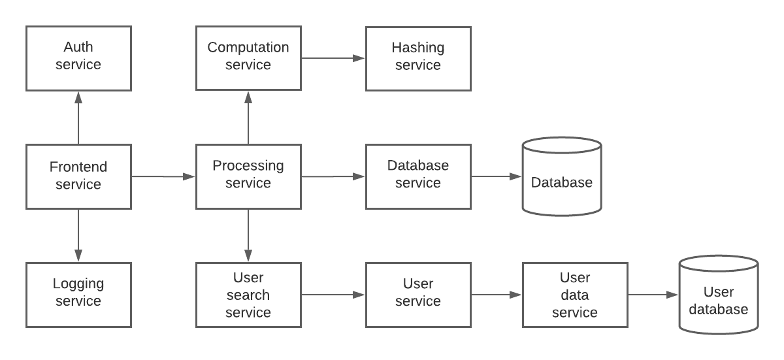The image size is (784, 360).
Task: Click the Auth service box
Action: tap(79, 58)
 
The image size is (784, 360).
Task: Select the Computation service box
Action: tap(248, 58)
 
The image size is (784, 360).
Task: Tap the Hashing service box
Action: tap(418, 58)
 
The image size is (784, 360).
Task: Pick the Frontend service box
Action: tap(79, 176)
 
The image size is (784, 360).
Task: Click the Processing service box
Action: tap(248, 176)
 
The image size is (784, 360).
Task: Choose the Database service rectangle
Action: tap(418, 176)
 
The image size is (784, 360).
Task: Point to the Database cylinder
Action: tap(562, 176)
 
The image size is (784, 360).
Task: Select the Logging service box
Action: tap(79, 295)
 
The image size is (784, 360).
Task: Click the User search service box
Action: tap(248, 295)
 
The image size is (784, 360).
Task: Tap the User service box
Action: tap(418, 295)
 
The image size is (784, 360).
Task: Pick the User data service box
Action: tap(575, 295)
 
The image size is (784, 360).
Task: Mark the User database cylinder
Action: tap(719, 295)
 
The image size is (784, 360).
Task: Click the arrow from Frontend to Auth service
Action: tap(78, 118)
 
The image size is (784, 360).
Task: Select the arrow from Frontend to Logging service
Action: tap(78, 235)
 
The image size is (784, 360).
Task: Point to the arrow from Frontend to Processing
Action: tap(163, 176)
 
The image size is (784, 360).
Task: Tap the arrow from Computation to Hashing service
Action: tap(333, 58)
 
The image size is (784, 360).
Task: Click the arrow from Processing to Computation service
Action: tap(248, 118)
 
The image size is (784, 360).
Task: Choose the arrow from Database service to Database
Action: tap(497, 176)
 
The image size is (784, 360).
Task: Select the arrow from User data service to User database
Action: tap(653, 295)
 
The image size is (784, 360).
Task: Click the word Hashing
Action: tap(418, 48)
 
